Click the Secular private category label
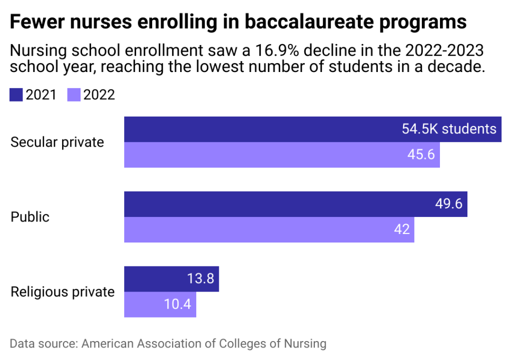pyautogui.click(x=58, y=142)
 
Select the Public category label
pyautogui.click(x=30, y=217)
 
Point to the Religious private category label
pyautogui.click(x=63, y=292)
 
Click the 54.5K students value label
pyautogui.click(x=448, y=129)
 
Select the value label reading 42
pyautogui.click(x=402, y=229)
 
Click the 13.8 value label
pyautogui.click(x=201, y=279)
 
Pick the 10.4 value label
pyautogui.click(x=178, y=304)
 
